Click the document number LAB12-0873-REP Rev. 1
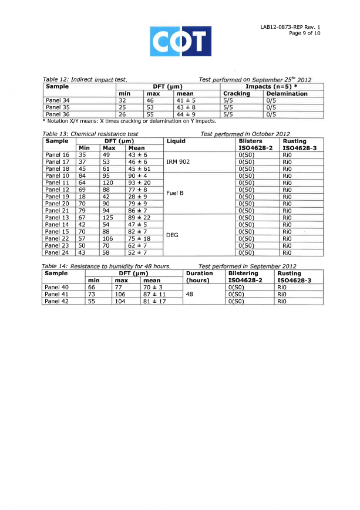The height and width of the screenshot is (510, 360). pyautogui.click(x=291, y=27)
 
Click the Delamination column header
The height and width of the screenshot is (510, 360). pyautogui.click(x=287, y=94)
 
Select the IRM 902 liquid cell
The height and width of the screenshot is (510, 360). pyautogui.click(x=180, y=161)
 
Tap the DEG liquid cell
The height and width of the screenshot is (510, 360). pyautogui.click(x=172, y=235)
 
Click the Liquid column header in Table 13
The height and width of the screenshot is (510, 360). pyautogui.click(x=176, y=141)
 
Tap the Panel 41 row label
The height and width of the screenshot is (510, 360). pyautogui.click(x=57, y=295)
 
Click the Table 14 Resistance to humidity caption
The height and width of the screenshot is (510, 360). pyautogui.click(x=107, y=266)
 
